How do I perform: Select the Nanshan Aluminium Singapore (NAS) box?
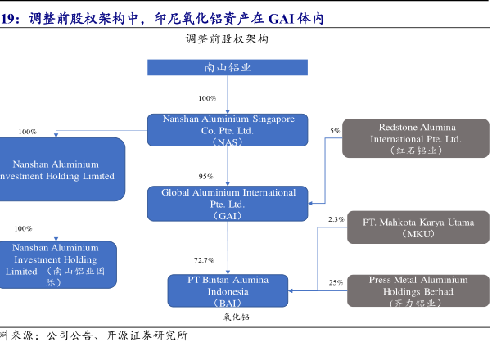point(228,130)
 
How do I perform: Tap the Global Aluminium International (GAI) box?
point(228,204)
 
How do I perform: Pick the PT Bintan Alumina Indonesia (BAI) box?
point(228,290)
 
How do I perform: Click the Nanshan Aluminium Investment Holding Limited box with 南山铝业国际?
point(56,264)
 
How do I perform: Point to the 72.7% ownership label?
point(204,260)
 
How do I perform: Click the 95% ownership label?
point(205,177)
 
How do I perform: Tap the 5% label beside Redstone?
point(335,131)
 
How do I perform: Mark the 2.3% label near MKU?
point(336,219)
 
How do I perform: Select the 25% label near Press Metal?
point(336,283)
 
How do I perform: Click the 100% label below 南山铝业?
point(207,98)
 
